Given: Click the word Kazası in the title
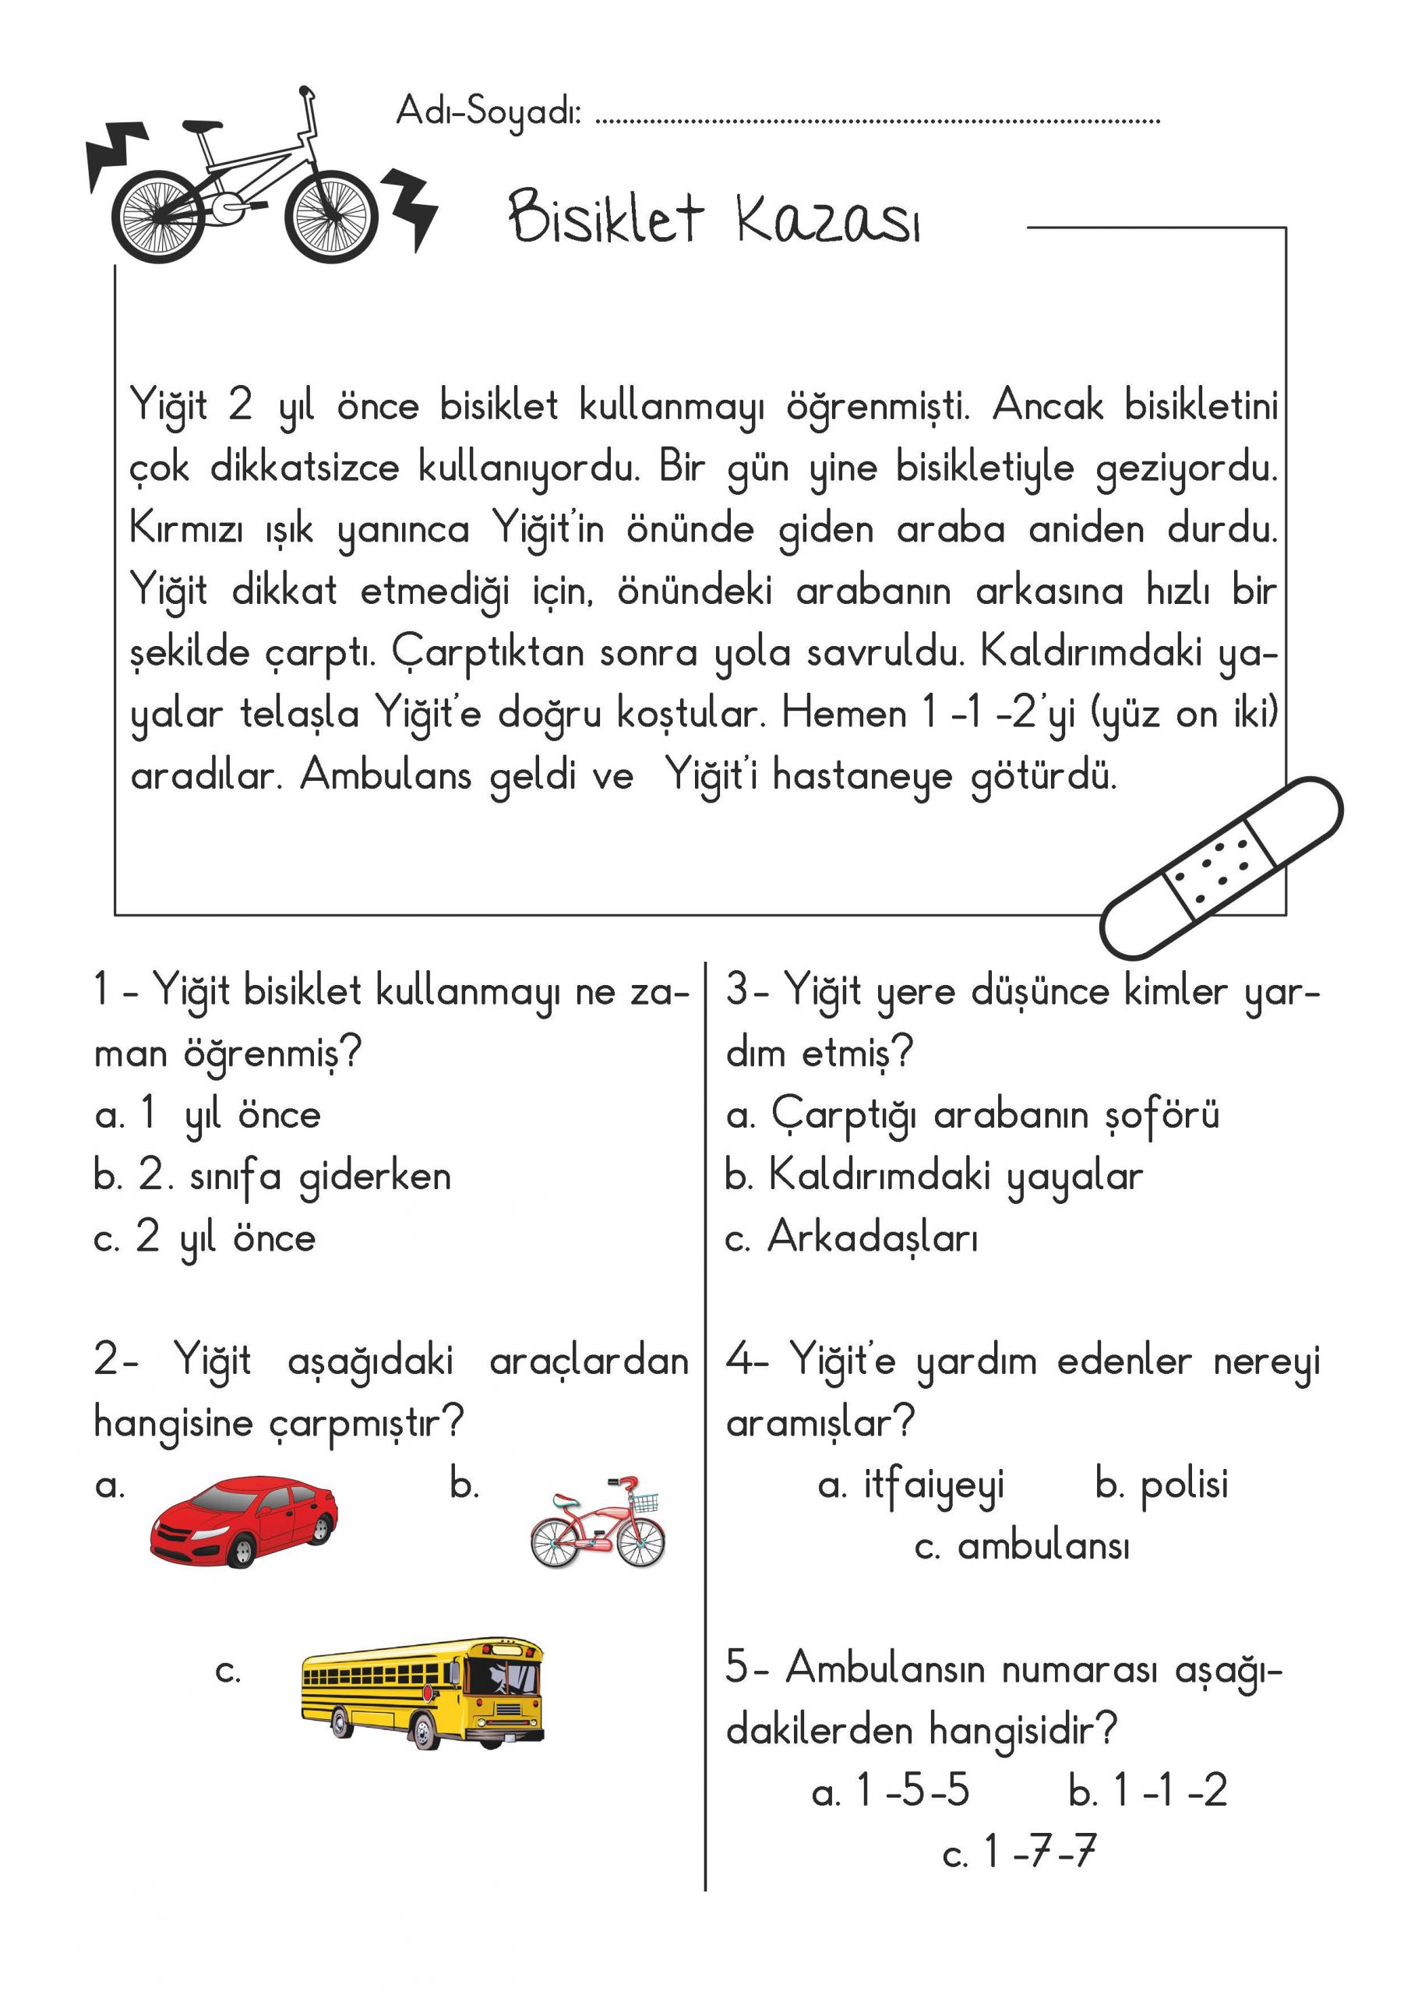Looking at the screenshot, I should pyautogui.click(x=827, y=219).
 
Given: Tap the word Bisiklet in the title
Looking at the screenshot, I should pyautogui.click(x=605, y=217).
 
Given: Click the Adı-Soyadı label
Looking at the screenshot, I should pyautogui.click(x=489, y=112).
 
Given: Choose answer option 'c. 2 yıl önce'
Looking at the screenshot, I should pyautogui.click(x=205, y=1238).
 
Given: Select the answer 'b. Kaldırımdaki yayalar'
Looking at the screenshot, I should pyautogui.click(x=934, y=1178).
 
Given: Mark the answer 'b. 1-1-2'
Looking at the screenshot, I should pyautogui.click(x=1148, y=1791).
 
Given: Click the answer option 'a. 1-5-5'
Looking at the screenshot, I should pyautogui.click(x=891, y=1791).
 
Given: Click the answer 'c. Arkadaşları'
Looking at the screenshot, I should pyautogui.click(x=852, y=1238).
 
